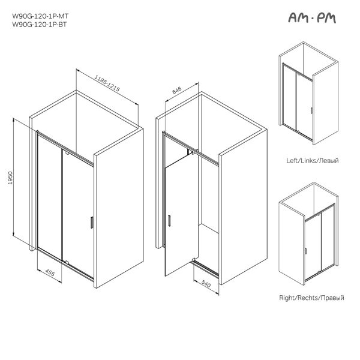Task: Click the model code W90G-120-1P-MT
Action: tap(40, 16)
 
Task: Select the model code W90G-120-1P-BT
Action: tap(40, 25)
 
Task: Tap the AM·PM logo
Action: tap(312, 17)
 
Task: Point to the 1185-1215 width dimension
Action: tap(107, 83)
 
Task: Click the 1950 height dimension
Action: tap(10, 178)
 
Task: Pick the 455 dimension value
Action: tap(50, 272)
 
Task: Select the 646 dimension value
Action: tap(177, 90)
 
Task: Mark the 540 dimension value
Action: tap(206, 284)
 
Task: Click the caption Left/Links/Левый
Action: tap(312, 160)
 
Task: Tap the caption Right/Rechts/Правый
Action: tap(311, 298)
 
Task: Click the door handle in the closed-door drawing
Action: tap(92, 222)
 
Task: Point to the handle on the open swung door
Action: tap(169, 221)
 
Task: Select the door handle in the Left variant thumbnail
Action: tap(311, 110)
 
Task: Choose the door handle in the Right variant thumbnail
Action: tap(305, 251)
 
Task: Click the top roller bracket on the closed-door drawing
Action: tap(67, 152)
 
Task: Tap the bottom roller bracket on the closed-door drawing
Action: tap(67, 262)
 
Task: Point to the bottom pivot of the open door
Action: tap(194, 260)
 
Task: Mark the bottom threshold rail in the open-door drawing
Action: tap(206, 268)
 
